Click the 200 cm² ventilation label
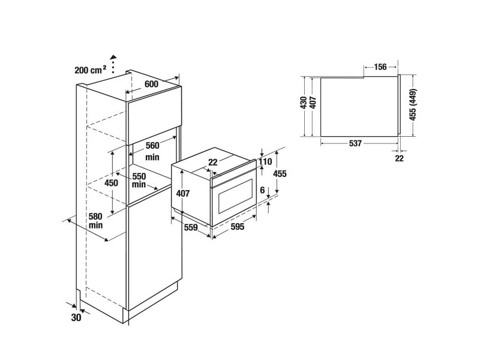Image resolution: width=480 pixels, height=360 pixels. (x=91, y=70)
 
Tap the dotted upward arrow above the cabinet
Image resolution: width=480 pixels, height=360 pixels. (x=113, y=64)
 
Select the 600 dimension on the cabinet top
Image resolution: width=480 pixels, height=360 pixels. (x=152, y=84)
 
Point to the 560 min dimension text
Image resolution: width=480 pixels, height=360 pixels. (x=152, y=151)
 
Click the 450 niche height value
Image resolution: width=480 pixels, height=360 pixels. (x=111, y=183)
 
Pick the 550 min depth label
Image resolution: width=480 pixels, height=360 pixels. (x=139, y=181)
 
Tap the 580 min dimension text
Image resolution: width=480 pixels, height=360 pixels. (x=95, y=221)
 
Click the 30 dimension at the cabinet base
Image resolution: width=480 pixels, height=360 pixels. (x=76, y=318)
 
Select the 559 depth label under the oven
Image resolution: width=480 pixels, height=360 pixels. (x=191, y=227)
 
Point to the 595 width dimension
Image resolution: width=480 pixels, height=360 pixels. (x=238, y=227)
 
